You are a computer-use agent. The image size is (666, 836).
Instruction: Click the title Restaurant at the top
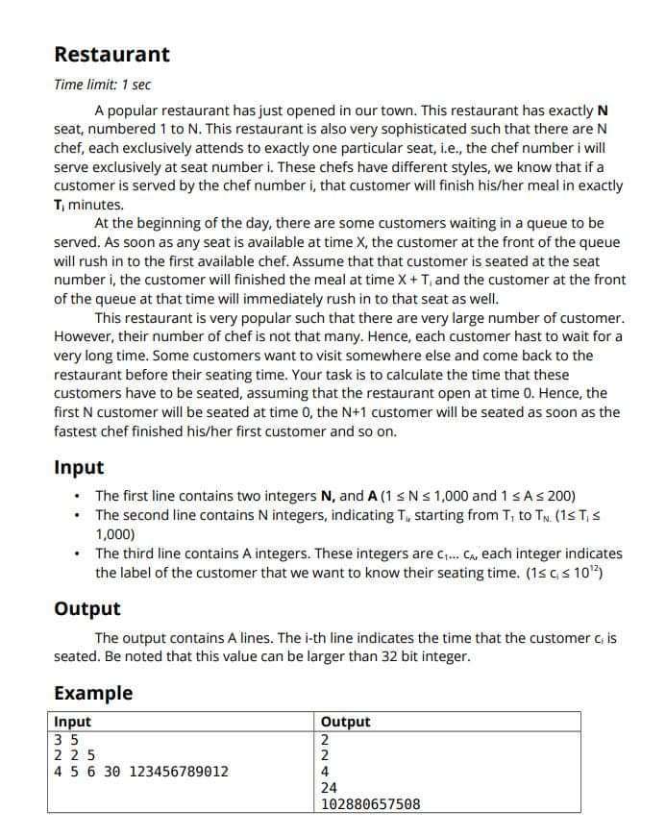tap(111, 55)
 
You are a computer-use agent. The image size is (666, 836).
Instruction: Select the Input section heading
tap(79, 468)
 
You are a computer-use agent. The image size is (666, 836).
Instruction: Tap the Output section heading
tap(87, 608)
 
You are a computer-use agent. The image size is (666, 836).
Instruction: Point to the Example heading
tap(93, 693)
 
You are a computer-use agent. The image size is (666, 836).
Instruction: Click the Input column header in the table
tap(73, 722)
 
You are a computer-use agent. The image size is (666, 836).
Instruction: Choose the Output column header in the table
tap(345, 722)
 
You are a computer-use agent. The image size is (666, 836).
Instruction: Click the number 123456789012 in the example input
tap(179, 771)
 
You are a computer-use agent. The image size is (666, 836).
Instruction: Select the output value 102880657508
tap(370, 803)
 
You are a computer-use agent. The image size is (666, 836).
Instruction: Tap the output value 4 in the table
tap(325, 771)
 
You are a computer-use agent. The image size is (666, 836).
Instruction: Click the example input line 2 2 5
tap(74, 754)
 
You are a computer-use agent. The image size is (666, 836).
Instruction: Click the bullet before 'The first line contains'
tap(77, 497)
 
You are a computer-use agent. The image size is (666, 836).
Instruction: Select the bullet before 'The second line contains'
tap(77, 515)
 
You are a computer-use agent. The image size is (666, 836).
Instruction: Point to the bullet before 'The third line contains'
tap(77, 554)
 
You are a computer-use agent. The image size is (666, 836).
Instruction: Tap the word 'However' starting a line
tap(82, 336)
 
